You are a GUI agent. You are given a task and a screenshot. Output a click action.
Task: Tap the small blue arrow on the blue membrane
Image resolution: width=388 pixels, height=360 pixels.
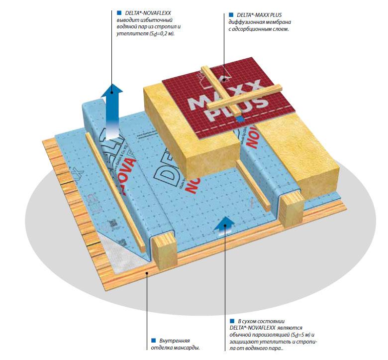[224, 224]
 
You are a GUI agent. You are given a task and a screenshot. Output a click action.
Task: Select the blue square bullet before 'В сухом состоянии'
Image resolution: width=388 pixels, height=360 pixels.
[232, 321]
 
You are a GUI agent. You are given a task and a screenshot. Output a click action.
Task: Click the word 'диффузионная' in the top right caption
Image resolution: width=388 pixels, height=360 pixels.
[247, 22]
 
